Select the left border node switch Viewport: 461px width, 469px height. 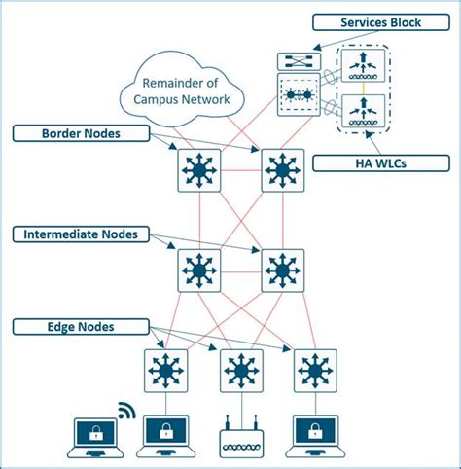click(x=200, y=170)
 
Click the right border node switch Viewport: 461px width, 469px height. click(x=283, y=170)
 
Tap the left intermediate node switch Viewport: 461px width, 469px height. click(x=200, y=271)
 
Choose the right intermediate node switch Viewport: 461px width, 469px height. click(x=283, y=271)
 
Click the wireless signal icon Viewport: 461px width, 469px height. click(x=125, y=409)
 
